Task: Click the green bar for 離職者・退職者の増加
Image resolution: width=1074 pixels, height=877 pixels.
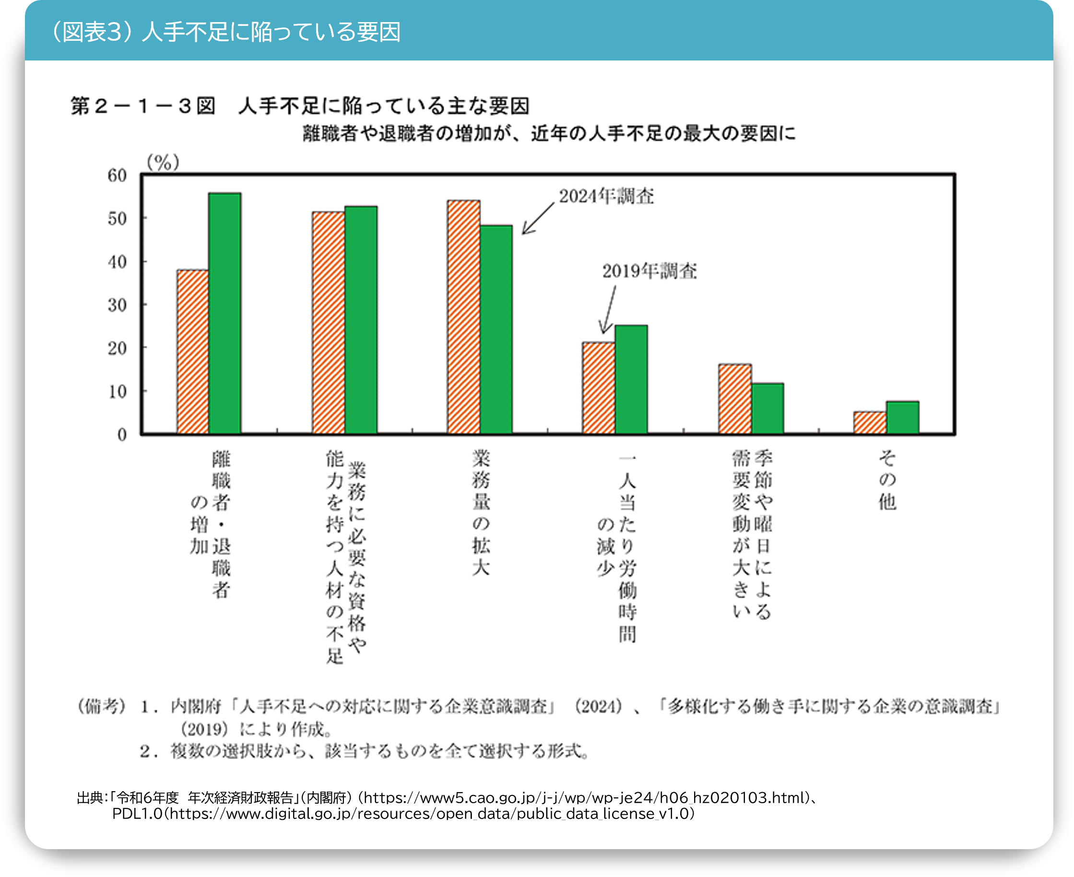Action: tap(225, 313)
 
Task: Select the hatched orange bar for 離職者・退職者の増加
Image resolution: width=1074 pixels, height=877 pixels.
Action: tap(192, 352)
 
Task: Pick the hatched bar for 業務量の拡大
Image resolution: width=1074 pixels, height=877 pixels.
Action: tap(463, 317)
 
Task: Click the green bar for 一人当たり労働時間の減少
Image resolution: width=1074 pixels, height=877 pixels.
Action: tap(631, 379)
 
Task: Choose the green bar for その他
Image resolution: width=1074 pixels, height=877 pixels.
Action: tap(902, 417)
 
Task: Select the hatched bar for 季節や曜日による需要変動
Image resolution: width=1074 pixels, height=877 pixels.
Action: tap(734, 399)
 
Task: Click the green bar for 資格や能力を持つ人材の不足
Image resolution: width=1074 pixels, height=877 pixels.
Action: tap(361, 320)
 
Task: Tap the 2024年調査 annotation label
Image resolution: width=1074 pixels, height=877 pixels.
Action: tap(606, 196)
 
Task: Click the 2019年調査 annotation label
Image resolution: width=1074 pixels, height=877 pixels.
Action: tap(649, 271)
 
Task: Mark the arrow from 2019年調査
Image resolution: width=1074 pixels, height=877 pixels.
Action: tap(609, 309)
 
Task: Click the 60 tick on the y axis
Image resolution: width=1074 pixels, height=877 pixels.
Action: tap(117, 175)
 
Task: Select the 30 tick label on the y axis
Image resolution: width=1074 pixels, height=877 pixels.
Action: tap(117, 305)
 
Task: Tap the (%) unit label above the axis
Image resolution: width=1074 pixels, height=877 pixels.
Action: tap(163, 162)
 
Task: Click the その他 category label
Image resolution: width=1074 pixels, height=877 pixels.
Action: tap(887, 480)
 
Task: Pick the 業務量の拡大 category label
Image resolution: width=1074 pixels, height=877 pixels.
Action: tap(481, 513)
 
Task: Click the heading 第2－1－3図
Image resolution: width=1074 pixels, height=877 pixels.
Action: tap(143, 106)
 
